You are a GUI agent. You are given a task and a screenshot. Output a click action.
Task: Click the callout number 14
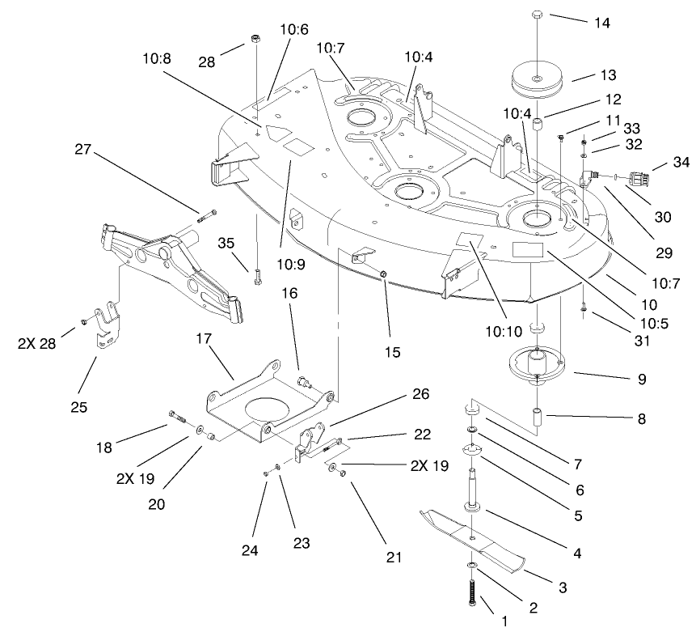tap(601, 23)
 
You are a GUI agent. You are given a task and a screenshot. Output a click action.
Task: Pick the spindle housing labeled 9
tap(537, 365)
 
